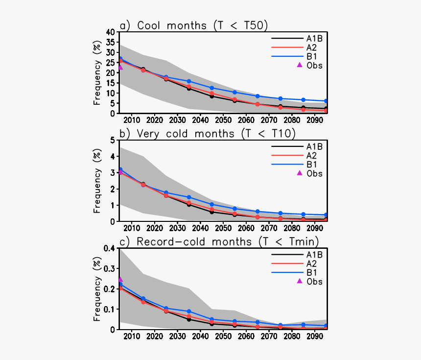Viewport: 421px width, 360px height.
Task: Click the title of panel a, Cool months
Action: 194,25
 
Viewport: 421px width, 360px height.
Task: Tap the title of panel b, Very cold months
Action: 208,133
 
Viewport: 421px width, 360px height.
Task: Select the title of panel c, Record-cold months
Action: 219,241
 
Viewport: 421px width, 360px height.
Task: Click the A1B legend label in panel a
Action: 315,38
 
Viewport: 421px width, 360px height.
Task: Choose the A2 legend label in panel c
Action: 311,264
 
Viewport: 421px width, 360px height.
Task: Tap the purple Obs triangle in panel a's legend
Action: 300,65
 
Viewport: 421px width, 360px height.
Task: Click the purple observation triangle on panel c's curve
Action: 120,279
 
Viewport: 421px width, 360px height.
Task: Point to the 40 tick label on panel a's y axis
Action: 111,32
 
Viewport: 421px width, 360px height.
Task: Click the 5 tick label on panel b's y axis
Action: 113,140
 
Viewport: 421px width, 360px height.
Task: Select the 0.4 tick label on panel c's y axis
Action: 109,248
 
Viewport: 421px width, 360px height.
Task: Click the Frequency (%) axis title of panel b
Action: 97,181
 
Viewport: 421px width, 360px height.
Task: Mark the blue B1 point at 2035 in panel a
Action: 189,81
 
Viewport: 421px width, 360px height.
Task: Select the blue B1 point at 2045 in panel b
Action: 212,204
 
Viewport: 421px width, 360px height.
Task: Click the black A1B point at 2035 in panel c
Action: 189,319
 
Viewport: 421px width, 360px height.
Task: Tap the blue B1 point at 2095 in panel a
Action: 326,101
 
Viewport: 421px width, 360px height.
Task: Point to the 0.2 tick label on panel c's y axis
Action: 109,289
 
